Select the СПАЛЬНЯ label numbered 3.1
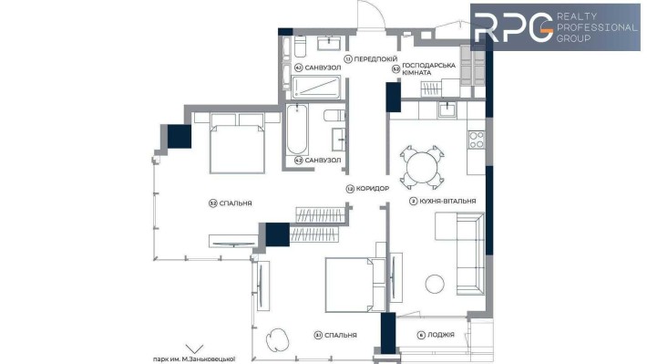pyautogui.click(x=339, y=335)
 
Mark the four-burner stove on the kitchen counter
pyautogui.click(x=477, y=140)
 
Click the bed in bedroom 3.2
pyautogui.click(x=238, y=144)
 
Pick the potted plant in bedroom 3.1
pyautogui.click(x=280, y=338)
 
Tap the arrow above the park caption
pyautogui.click(x=194, y=348)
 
